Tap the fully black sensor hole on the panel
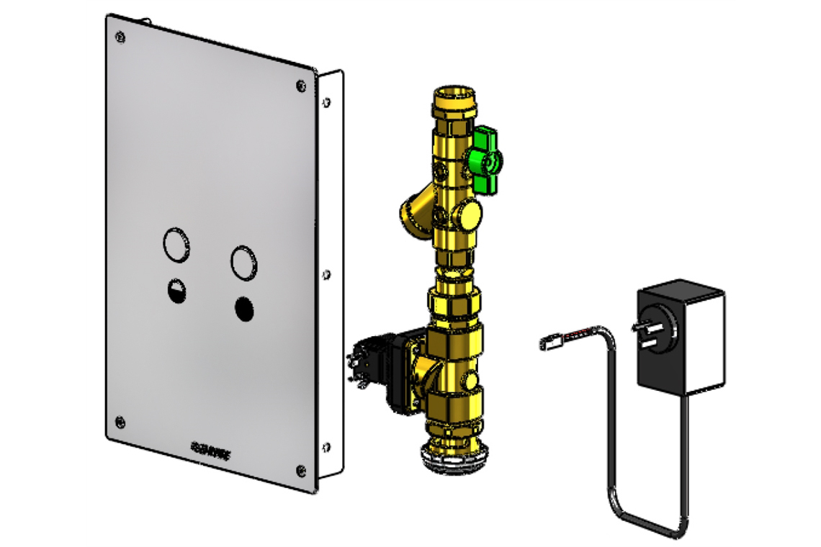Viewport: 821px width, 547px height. pyautogui.click(x=244, y=309)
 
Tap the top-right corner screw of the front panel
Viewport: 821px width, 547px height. pyautogui.click(x=300, y=86)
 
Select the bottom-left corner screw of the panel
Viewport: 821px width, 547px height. pyautogui.click(x=120, y=422)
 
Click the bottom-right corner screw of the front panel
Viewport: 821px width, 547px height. pyautogui.click(x=301, y=471)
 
